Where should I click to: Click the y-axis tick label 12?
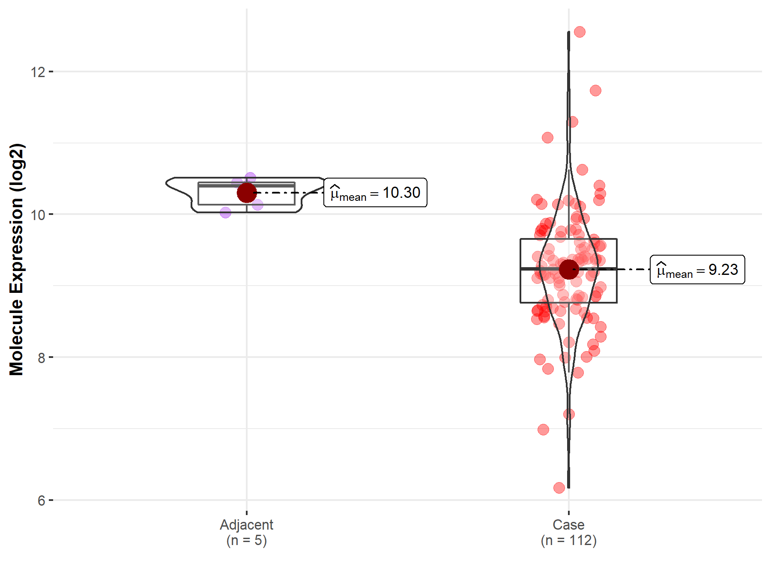coord(38,72)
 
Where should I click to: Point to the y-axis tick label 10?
coord(38,215)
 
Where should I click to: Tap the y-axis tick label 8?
coord(41,358)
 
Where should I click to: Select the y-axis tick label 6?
coord(41,500)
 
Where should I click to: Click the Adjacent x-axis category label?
coord(246,524)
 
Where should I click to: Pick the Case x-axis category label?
coord(568,524)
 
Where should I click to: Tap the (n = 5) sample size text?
coord(246,540)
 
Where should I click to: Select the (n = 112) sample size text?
coord(568,540)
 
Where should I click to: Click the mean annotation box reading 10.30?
coord(375,193)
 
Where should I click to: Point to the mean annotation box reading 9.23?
coord(697,270)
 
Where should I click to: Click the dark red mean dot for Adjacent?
coord(246,193)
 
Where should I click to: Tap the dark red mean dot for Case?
coord(569,269)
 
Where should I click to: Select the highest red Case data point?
coord(580,32)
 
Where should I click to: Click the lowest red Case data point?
coord(559,488)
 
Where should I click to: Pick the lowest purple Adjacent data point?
coord(225,212)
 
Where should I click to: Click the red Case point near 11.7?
coord(595,90)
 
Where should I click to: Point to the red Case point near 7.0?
coord(543,429)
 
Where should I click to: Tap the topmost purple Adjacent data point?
coord(250,177)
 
